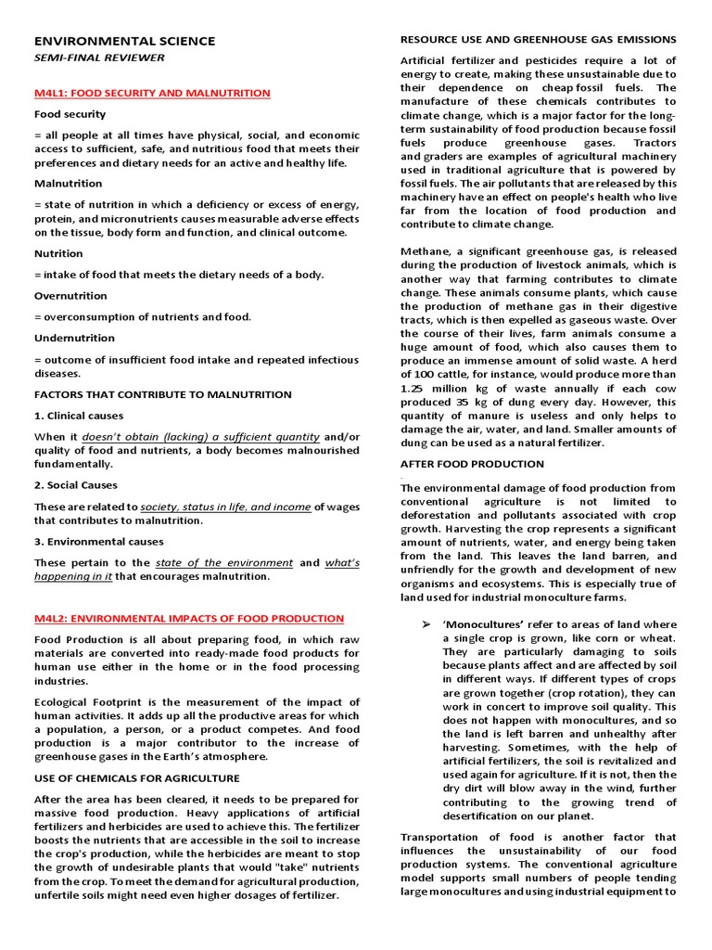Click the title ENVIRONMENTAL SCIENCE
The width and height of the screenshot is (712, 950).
click(x=124, y=41)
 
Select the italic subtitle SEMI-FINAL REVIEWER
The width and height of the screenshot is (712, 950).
click(x=99, y=58)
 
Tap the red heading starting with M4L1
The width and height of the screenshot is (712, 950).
click(x=152, y=93)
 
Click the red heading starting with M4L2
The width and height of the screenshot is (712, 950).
click(x=189, y=618)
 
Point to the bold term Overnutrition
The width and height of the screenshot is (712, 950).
click(x=70, y=296)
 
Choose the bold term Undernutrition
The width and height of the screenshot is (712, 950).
click(x=74, y=338)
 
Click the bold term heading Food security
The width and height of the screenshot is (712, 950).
click(x=70, y=114)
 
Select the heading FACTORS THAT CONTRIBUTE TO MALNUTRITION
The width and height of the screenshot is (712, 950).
click(x=162, y=394)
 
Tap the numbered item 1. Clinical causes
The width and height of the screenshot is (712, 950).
click(x=79, y=416)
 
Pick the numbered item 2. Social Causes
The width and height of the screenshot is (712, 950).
click(x=76, y=485)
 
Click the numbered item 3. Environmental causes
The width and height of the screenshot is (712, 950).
click(x=98, y=541)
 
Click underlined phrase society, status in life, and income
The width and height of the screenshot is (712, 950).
click(x=225, y=507)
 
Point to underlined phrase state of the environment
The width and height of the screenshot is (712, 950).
click(x=223, y=562)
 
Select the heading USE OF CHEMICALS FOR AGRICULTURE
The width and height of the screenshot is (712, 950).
click(x=136, y=777)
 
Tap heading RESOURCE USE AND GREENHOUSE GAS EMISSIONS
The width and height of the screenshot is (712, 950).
click(x=538, y=39)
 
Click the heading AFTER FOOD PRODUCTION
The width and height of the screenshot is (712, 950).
click(x=472, y=463)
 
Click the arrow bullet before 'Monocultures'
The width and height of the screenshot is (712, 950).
click(x=426, y=625)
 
